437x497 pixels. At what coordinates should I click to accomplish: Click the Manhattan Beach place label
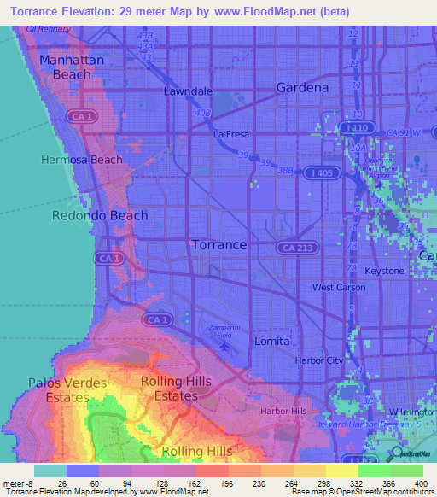(72, 67)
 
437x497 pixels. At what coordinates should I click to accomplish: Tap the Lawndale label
(189, 91)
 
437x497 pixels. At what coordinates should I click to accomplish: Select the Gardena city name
(302, 87)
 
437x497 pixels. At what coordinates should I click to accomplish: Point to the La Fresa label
(230, 134)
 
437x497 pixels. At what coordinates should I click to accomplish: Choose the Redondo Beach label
(100, 215)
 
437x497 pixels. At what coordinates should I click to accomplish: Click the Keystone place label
(385, 271)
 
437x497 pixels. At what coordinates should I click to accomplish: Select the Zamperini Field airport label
(224, 330)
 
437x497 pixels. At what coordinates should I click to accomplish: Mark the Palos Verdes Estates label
(69, 390)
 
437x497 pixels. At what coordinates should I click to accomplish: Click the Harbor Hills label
(283, 411)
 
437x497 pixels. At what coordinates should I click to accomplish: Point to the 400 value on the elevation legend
(421, 484)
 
